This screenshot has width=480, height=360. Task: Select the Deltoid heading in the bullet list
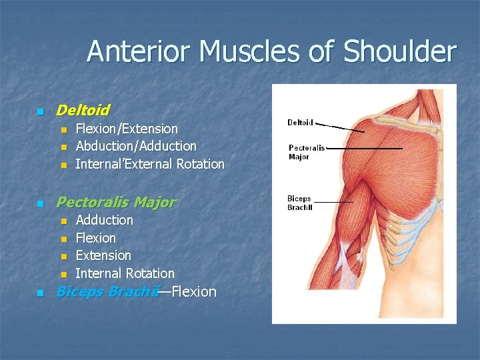click(x=83, y=109)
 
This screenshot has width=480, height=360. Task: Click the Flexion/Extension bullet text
click(x=127, y=129)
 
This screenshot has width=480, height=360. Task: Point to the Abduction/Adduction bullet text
click(x=136, y=146)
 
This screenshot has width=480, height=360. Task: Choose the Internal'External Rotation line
click(x=150, y=164)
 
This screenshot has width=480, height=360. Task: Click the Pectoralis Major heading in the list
click(x=116, y=201)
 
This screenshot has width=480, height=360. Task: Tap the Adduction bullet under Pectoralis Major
click(x=105, y=220)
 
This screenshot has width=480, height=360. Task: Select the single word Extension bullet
click(x=103, y=255)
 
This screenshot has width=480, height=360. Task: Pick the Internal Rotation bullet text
click(x=125, y=273)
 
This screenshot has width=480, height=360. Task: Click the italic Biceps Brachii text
click(x=108, y=291)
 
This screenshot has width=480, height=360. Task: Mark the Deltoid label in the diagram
click(x=300, y=123)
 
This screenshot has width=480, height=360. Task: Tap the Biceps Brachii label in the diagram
click(x=299, y=203)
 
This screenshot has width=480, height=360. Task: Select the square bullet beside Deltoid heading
click(x=40, y=111)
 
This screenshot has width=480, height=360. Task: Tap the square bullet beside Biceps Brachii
click(x=40, y=293)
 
